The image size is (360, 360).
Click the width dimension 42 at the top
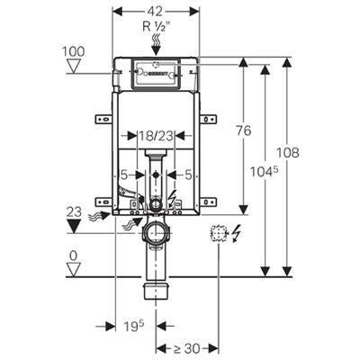156,11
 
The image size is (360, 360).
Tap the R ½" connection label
156,27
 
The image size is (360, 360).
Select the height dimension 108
288,152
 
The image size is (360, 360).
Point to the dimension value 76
243,130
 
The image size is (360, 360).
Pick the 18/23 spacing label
156,136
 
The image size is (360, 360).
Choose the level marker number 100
74,51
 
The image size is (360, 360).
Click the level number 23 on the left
74,212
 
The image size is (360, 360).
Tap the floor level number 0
74,256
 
